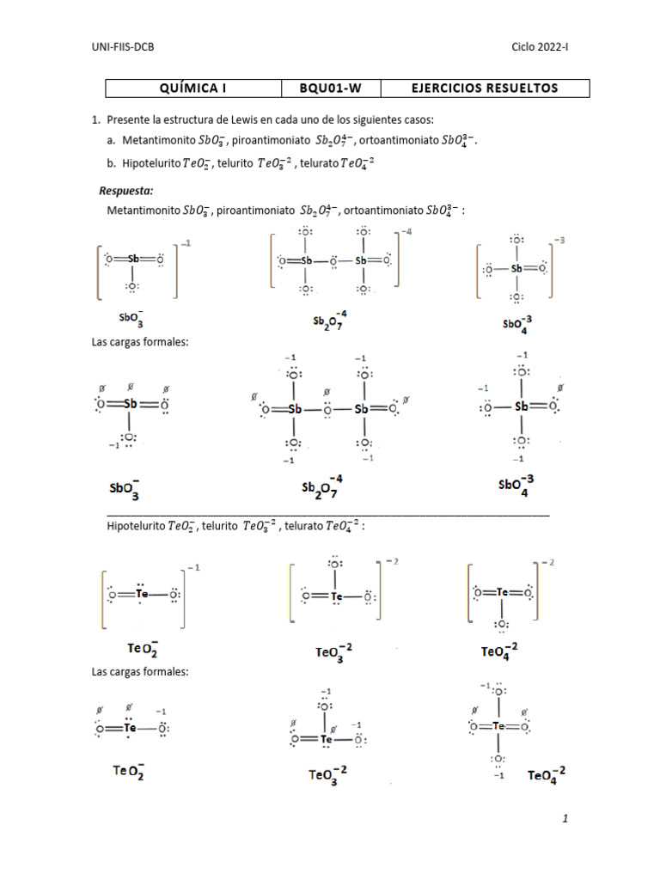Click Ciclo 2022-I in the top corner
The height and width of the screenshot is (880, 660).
540,47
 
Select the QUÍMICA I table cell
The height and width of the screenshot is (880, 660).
194,88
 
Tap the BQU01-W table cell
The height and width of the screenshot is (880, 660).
330,88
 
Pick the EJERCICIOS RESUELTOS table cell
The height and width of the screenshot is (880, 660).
485,88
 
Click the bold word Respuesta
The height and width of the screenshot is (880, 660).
126,191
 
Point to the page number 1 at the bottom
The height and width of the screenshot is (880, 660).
565,819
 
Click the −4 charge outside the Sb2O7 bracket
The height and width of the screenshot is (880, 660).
406,233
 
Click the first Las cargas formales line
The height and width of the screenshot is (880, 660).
140,341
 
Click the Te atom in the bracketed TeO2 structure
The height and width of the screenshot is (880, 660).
143,593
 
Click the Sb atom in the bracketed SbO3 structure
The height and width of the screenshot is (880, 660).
134,258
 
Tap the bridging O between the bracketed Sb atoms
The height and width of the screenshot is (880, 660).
332,260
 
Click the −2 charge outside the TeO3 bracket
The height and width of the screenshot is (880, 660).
392,560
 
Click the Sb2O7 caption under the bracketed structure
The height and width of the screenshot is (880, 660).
331,321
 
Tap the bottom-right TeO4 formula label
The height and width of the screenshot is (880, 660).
547,775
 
